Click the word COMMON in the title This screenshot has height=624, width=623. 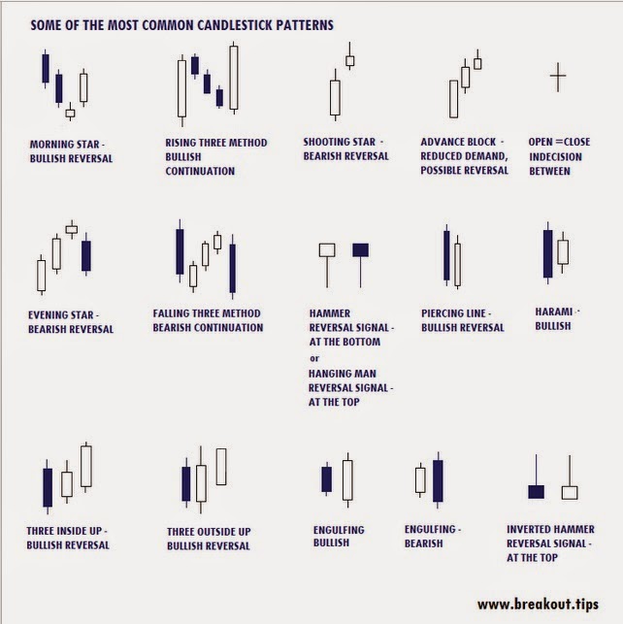pyautogui.click(x=168, y=25)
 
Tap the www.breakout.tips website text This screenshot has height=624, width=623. pyautogui.click(x=538, y=604)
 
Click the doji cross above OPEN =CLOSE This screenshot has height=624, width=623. pyautogui.click(x=558, y=76)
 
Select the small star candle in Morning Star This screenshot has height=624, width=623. pyautogui.click(x=70, y=113)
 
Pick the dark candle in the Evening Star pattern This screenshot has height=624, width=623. pyautogui.click(x=86, y=255)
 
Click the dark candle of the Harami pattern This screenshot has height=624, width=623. pyautogui.click(x=548, y=253)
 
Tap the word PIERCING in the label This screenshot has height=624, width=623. pyautogui.click(x=443, y=313)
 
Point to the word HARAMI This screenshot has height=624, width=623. pyautogui.click(x=554, y=312)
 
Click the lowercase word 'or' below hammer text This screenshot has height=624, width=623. pyautogui.click(x=314, y=358)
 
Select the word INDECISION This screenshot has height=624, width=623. pyautogui.click(x=555, y=157)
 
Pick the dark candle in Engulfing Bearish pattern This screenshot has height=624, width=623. pyautogui.click(x=438, y=480)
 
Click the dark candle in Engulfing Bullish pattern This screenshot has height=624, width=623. pyautogui.click(x=327, y=479)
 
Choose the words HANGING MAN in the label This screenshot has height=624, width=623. pyautogui.click(x=343, y=374)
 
